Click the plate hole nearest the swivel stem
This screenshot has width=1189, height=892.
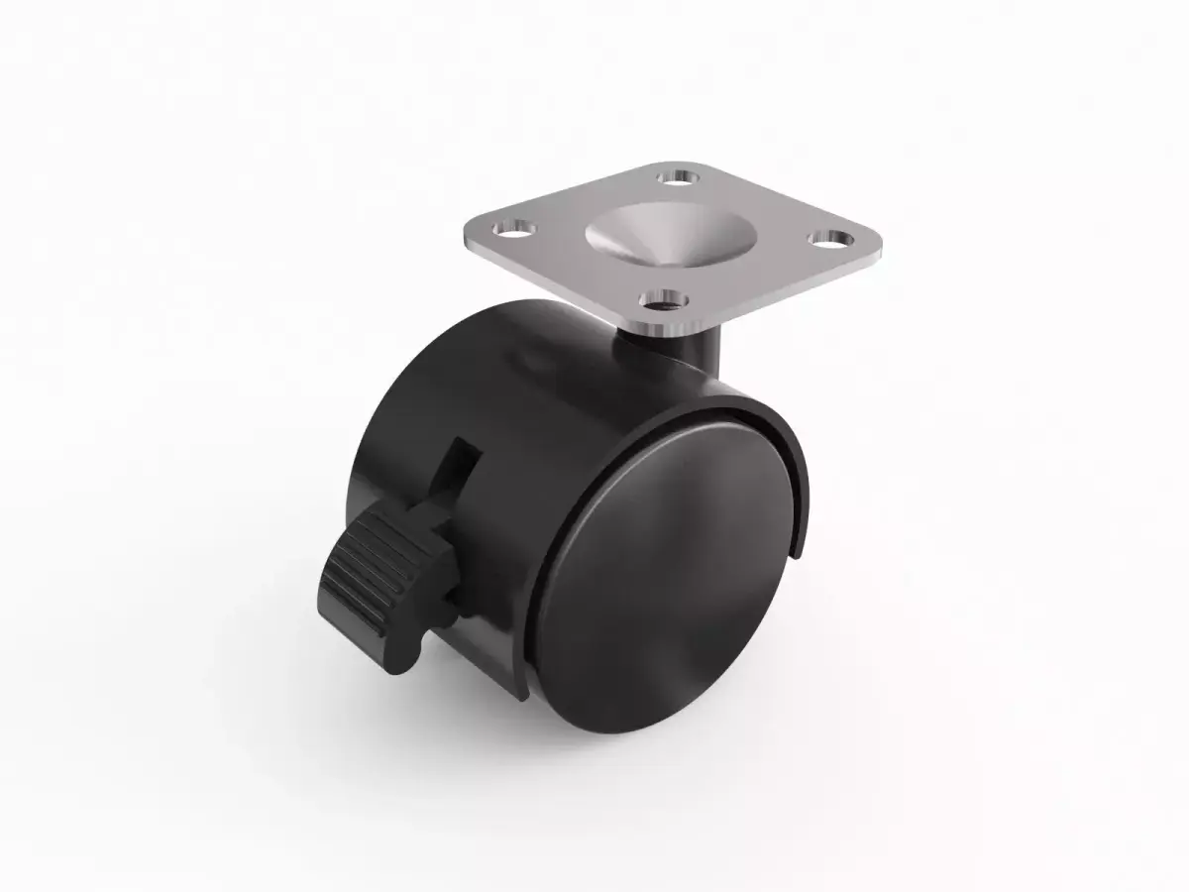(x=663, y=298)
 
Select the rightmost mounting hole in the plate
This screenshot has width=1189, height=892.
(x=829, y=239)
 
